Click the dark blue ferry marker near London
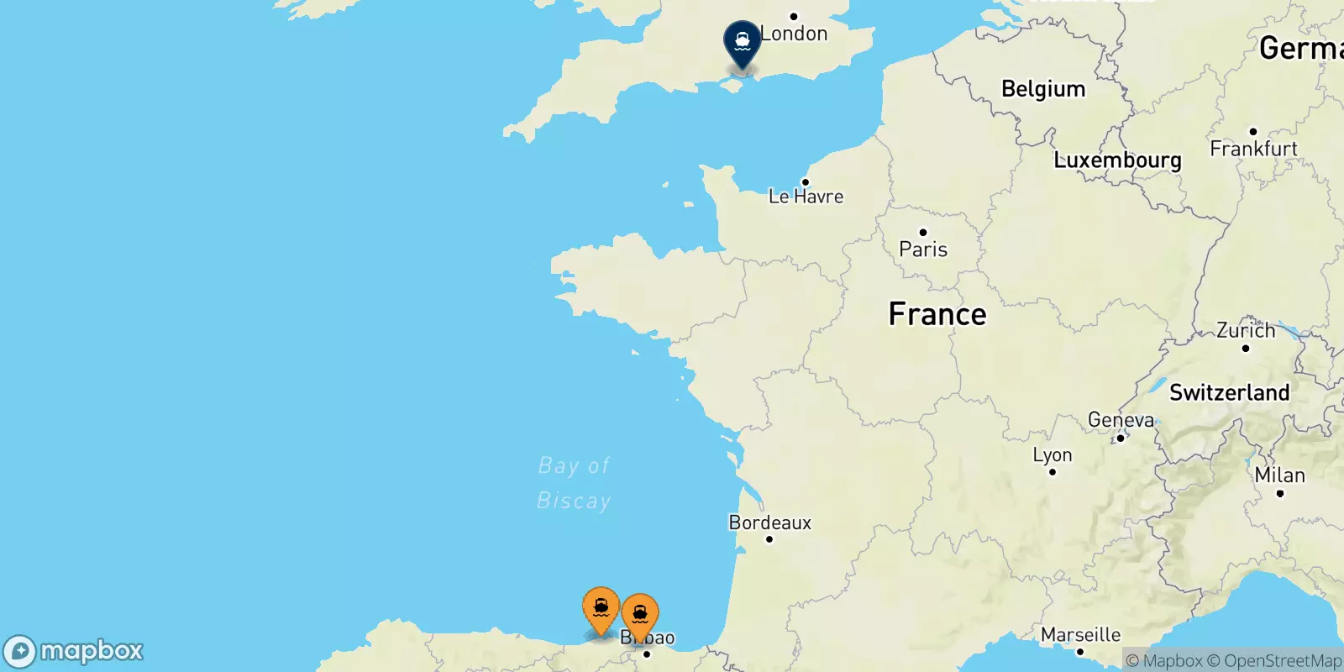pos(743,42)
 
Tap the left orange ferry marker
pos(601,608)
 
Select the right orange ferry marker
pos(640,615)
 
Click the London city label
pos(794,34)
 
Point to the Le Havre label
pos(806,197)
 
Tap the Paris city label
pos(923,249)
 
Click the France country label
pos(937,314)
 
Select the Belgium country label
pos(1043,89)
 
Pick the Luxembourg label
pos(1117,160)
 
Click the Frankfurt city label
pos(1253,149)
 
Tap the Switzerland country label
pos(1229,392)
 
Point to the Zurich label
pos(1246,331)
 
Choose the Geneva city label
pos(1121,420)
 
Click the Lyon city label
pos(1053,455)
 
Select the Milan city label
pos(1279,475)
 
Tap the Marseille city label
pos(1080,635)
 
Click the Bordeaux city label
pos(770,522)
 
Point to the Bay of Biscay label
pos(575,483)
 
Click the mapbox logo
pos(74,651)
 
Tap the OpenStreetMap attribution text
pos(1282,661)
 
